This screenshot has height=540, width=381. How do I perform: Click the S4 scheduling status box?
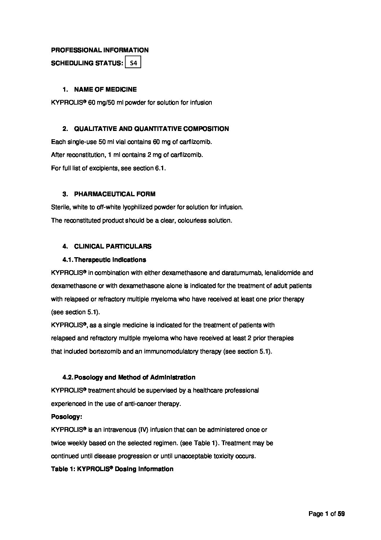[133, 63]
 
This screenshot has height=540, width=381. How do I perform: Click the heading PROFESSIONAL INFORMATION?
[100, 50]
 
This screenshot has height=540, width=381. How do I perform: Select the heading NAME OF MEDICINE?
[105, 89]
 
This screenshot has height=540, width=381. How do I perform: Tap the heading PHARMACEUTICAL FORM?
[115, 194]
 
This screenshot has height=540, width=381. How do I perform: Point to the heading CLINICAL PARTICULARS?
[113, 246]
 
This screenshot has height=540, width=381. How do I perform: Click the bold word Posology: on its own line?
[67, 417]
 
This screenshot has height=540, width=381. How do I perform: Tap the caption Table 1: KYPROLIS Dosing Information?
[112, 469]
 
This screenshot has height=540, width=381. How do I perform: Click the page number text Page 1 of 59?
[327, 514]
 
